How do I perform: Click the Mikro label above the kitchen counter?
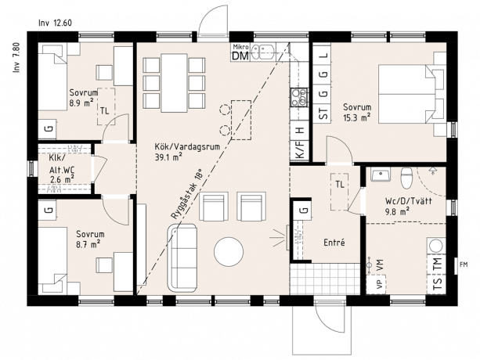pyautogui.click(x=240, y=46)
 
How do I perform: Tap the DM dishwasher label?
pyautogui.click(x=240, y=55)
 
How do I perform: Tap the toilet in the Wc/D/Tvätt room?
pyautogui.click(x=406, y=180)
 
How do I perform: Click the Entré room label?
pyautogui.click(x=334, y=243)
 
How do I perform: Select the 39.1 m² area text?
pyautogui.click(x=168, y=156)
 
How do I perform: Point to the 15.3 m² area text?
pyautogui.click(x=356, y=117)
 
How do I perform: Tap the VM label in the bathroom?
pyautogui.click(x=380, y=267)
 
